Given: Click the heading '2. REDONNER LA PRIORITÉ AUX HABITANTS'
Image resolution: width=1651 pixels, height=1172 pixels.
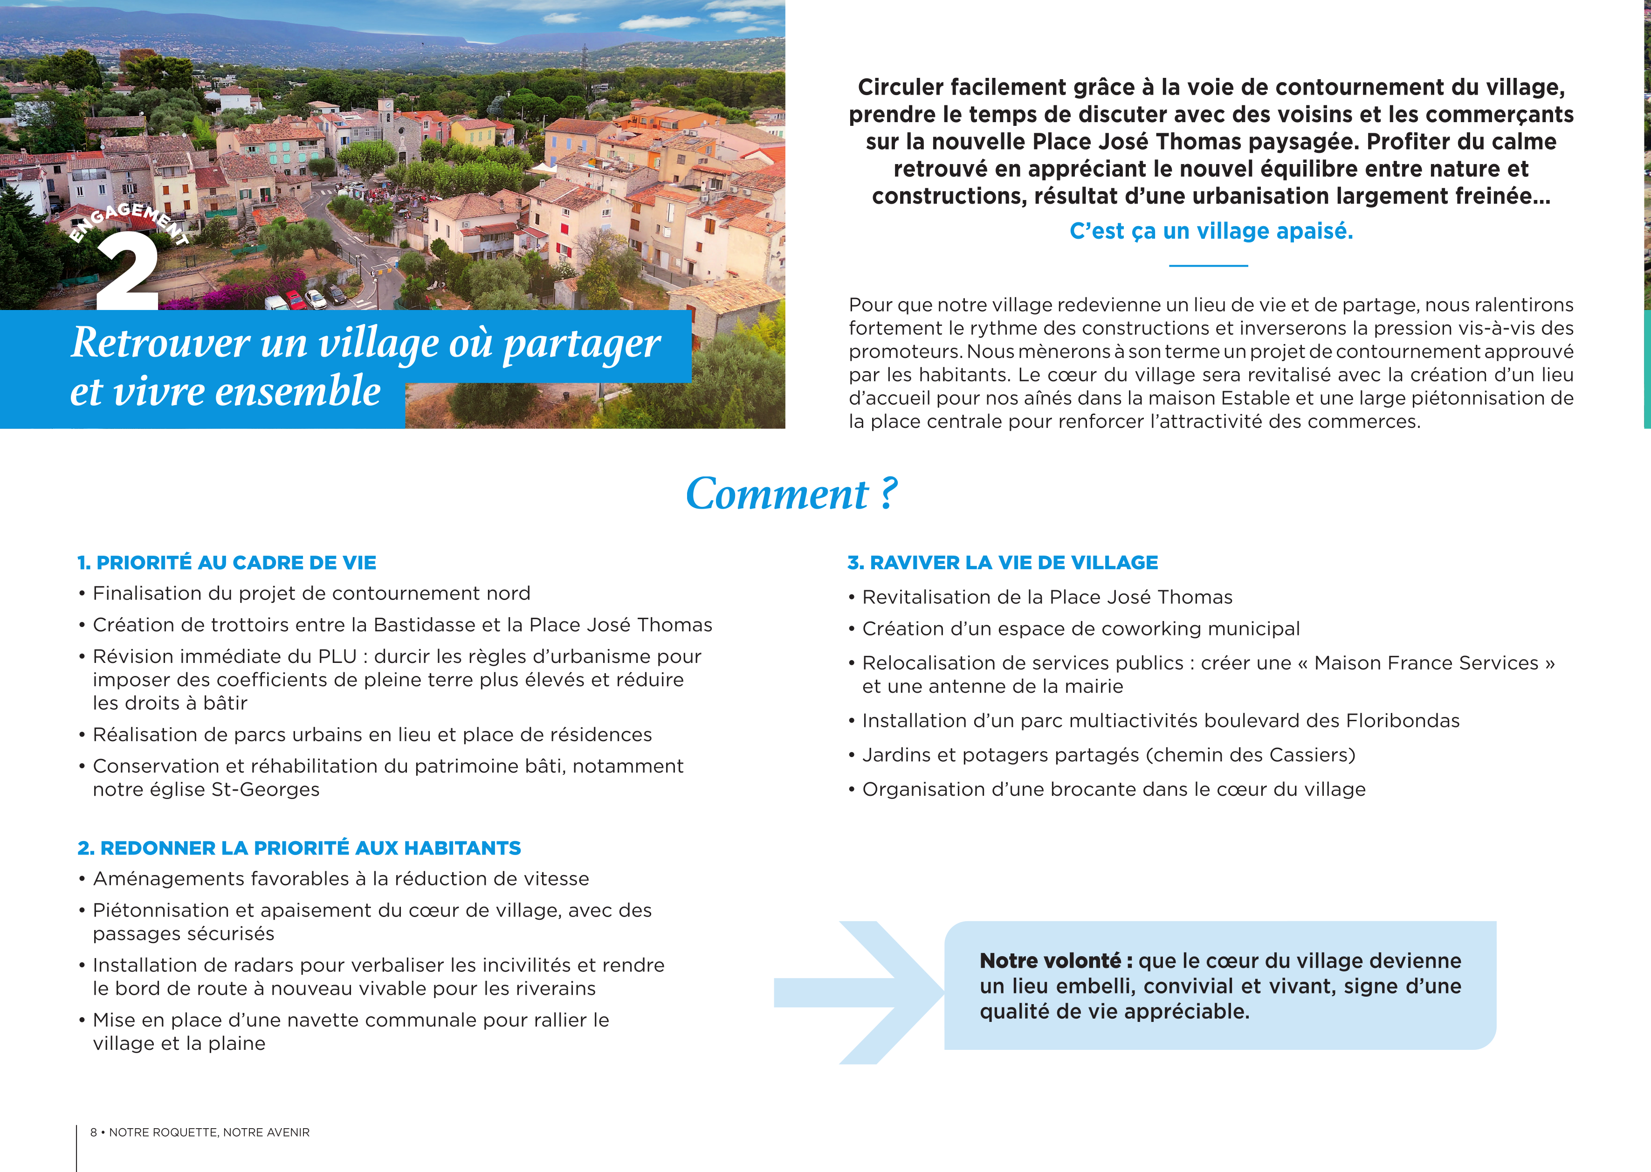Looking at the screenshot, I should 299,848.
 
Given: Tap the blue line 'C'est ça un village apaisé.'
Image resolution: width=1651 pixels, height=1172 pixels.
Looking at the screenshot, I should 1211,231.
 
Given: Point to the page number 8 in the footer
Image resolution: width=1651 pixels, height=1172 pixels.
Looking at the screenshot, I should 93,1132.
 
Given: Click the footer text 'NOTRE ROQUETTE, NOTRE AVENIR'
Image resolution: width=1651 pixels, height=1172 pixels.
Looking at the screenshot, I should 209,1132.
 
